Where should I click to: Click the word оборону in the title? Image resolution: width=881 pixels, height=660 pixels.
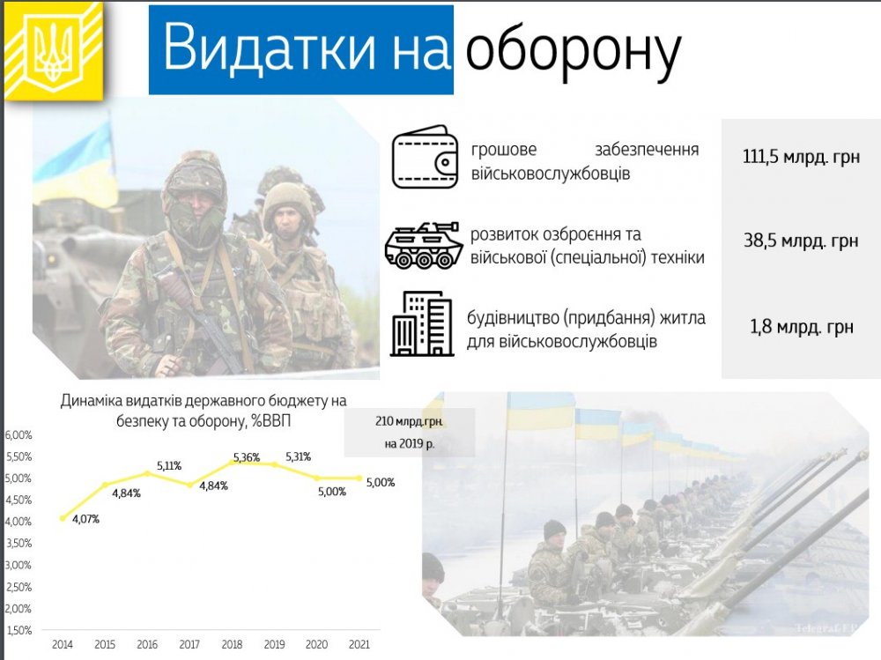point(574,50)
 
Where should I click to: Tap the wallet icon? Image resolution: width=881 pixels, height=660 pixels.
point(425,157)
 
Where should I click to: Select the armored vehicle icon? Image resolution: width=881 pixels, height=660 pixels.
point(424,245)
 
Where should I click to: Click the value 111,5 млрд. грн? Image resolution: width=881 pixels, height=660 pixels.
point(801,157)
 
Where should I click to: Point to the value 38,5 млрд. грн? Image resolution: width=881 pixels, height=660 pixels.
point(801,241)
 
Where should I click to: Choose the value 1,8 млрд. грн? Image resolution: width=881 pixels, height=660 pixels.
point(802,327)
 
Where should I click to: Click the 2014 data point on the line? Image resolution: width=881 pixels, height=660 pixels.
point(63,518)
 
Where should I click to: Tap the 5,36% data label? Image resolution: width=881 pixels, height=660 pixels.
point(246,457)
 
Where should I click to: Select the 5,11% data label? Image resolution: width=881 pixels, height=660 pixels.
point(168,465)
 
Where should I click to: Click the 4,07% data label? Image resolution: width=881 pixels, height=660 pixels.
point(85,520)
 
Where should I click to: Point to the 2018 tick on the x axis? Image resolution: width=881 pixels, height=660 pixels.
point(232,644)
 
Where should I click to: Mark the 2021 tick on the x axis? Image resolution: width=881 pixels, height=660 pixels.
point(359,644)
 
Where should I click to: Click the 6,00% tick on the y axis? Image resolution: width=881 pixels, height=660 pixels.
point(19,434)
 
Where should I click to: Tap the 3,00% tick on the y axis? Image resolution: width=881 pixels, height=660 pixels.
point(19,565)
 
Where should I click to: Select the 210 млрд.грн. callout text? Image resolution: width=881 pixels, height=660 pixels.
point(409,421)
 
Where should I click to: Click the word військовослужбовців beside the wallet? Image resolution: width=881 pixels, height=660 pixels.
point(551,174)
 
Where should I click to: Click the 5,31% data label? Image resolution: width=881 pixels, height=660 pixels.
point(299,456)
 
